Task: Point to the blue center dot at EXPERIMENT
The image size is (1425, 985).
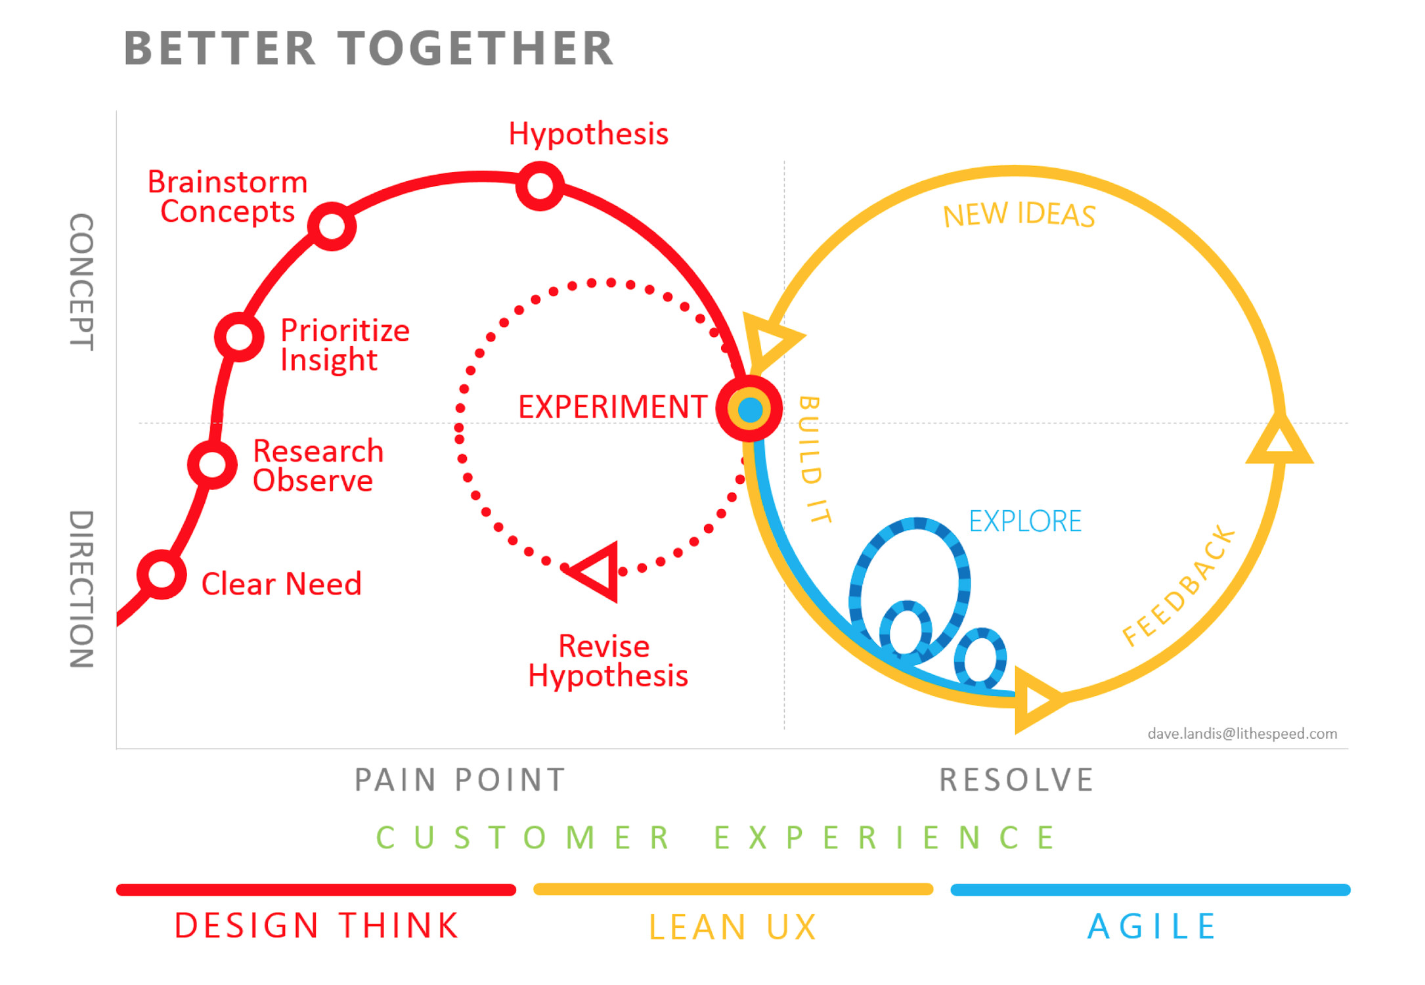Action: pos(750,410)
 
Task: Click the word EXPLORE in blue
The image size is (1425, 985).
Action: pos(1025,521)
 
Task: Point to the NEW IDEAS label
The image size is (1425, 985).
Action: pos(1019,215)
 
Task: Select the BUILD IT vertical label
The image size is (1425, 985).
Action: pos(814,459)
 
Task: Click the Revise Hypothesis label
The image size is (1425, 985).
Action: pos(607,661)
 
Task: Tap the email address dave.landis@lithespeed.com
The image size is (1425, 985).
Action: pos(1242,733)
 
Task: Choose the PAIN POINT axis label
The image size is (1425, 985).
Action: pos(460,780)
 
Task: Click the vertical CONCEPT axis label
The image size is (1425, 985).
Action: pos(82,282)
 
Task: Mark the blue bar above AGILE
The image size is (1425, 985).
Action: pos(1151,890)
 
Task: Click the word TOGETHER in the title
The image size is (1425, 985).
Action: pos(476,49)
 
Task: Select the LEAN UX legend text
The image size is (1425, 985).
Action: pos(733,927)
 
